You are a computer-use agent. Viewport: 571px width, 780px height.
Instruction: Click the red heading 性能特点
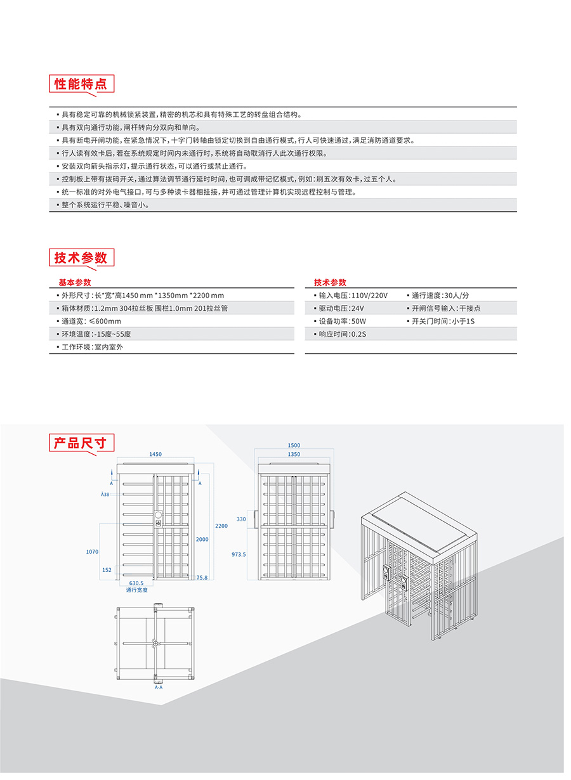click(80, 84)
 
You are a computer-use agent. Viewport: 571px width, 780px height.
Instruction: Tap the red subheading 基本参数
click(75, 282)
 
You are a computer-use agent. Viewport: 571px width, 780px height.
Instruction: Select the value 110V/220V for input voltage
click(370, 296)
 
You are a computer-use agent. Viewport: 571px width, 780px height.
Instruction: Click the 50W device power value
click(358, 321)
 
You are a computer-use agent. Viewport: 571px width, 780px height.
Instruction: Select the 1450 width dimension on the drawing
click(155, 454)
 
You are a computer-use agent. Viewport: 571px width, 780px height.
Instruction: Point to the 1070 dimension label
click(92, 552)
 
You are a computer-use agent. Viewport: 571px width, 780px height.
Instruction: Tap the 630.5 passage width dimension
click(136, 583)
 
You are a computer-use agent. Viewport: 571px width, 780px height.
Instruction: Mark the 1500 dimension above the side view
click(294, 446)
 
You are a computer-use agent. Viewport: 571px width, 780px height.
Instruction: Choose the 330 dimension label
click(241, 519)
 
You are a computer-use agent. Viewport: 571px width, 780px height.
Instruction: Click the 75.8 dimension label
click(202, 578)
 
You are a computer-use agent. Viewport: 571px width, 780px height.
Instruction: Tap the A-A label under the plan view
click(159, 687)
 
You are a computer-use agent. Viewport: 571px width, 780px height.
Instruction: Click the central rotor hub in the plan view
click(155, 644)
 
